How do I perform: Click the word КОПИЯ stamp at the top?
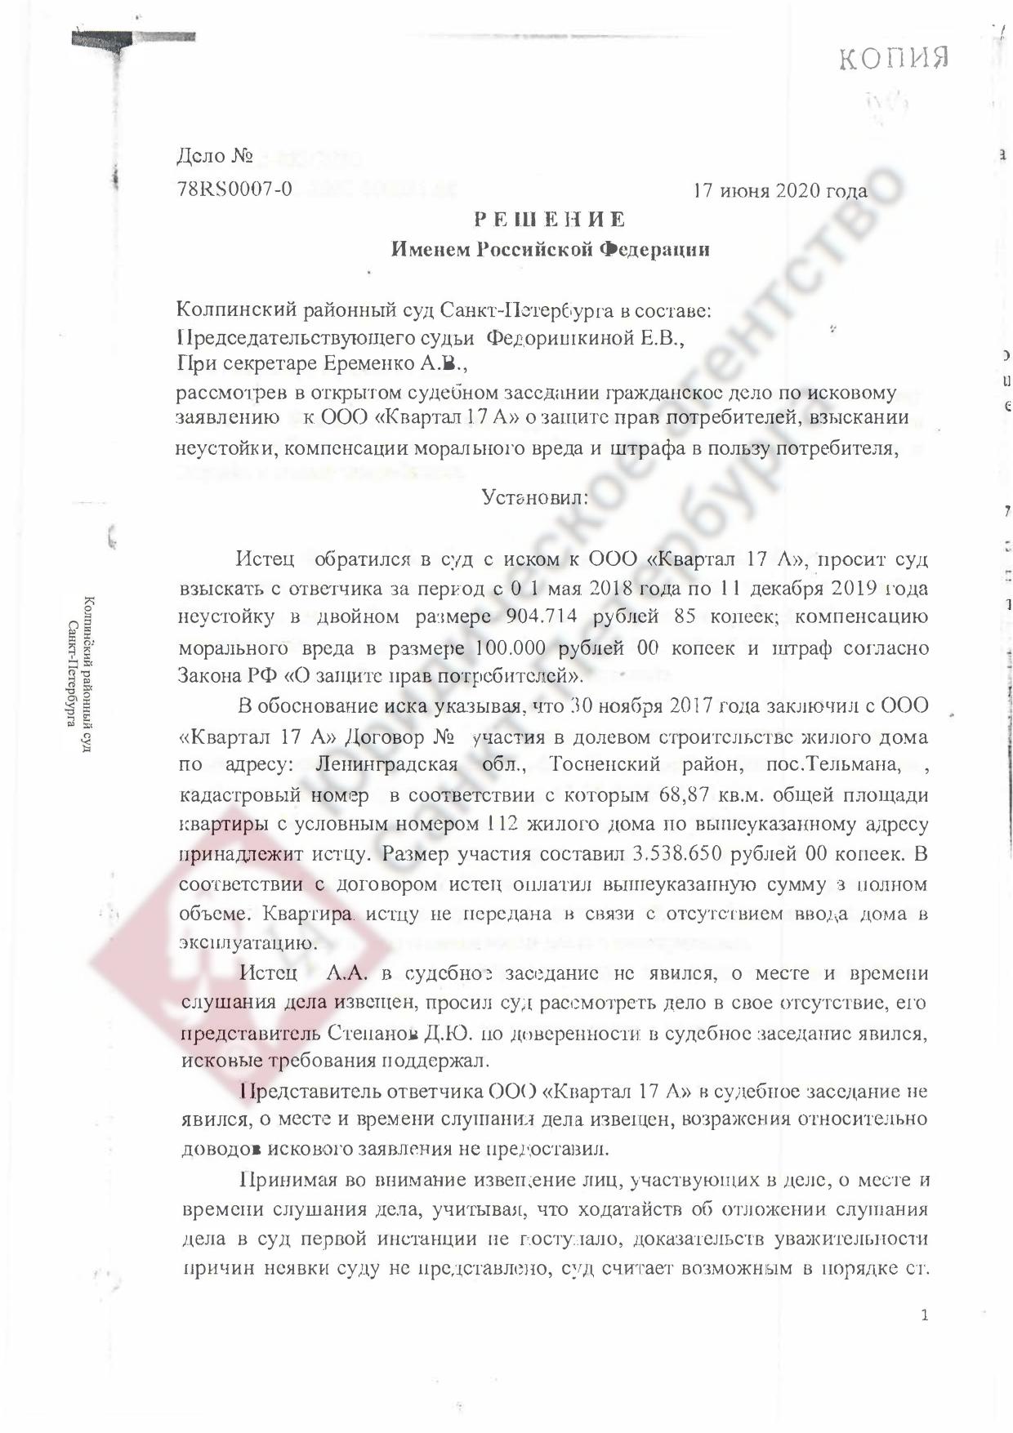pyautogui.click(x=894, y=60)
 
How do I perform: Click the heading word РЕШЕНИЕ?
pyautogui.click(x=551, y=220)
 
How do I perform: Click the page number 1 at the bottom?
pyautogui.click(x=924, y=1315)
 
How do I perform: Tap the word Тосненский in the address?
pyautogui.click(x=604, y=766)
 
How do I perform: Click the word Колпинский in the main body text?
pyautogui.click(x=236, y=311)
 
